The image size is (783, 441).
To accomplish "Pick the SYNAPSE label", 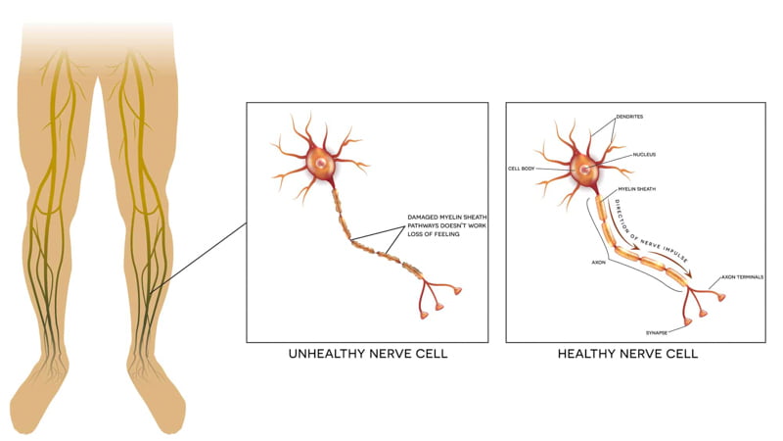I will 656,333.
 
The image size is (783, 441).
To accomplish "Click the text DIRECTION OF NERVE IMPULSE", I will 651,235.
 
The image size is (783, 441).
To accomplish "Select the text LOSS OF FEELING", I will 435,235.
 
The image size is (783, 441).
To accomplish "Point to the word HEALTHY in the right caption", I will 590,354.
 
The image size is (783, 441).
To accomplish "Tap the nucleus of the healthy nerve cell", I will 585,171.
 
